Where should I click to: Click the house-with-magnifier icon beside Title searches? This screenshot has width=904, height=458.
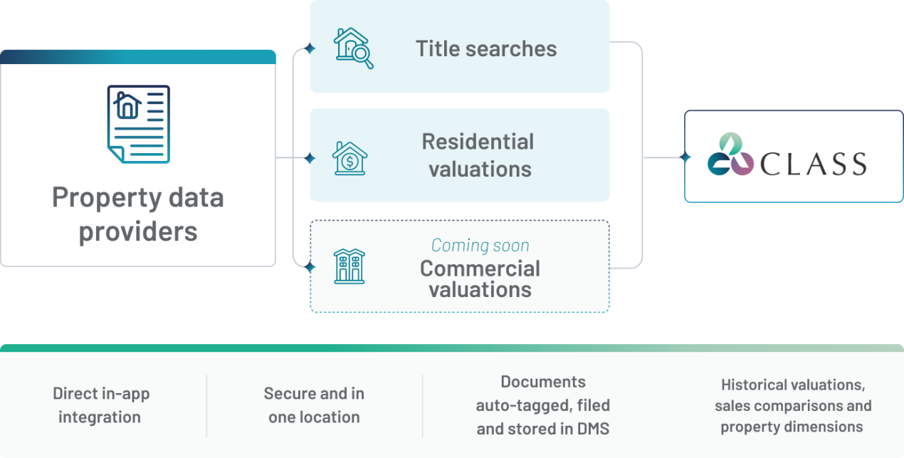pyautogui.click(x=353, y=48)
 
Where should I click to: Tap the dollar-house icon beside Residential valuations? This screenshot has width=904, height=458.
pyautogui.click(x=349, y=158)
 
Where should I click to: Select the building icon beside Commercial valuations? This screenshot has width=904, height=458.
pyautogui.click(x=349, y=266)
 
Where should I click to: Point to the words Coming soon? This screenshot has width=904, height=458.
pyautogui.click(x=480, y=246)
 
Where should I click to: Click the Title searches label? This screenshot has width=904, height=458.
pyautogui.click(x=486, y=48)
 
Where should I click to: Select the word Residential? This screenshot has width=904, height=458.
pyautogui.click(x=478, y=142)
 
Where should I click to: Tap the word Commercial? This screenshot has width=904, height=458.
pyautogui.click(x=480, y=269)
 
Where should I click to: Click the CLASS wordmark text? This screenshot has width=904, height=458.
pyautogui.click(x=813, y=164)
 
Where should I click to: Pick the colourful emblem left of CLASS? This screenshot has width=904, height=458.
pyautogui.click(x=730, y=155)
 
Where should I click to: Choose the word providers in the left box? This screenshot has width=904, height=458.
pyautogui.click(x=138, y=231)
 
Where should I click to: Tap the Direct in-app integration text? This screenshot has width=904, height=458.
pyautogui.click(x=100, y=405)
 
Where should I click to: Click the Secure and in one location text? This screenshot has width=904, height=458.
pyautogui.click(x=314, y=405)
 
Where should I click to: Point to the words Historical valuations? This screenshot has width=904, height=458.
pyautogui.click(x=793, y=385)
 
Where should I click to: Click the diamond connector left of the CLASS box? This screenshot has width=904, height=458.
pyautogui.click(x=685, y=157)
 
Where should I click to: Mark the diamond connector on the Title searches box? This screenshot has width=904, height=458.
pyautogui.click(x=310, y=49)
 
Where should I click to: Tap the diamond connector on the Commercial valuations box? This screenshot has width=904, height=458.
pyautogui.click(x=310, y=267)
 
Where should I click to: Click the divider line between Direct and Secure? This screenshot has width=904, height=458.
pyautogui.click(x=207, y=406)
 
